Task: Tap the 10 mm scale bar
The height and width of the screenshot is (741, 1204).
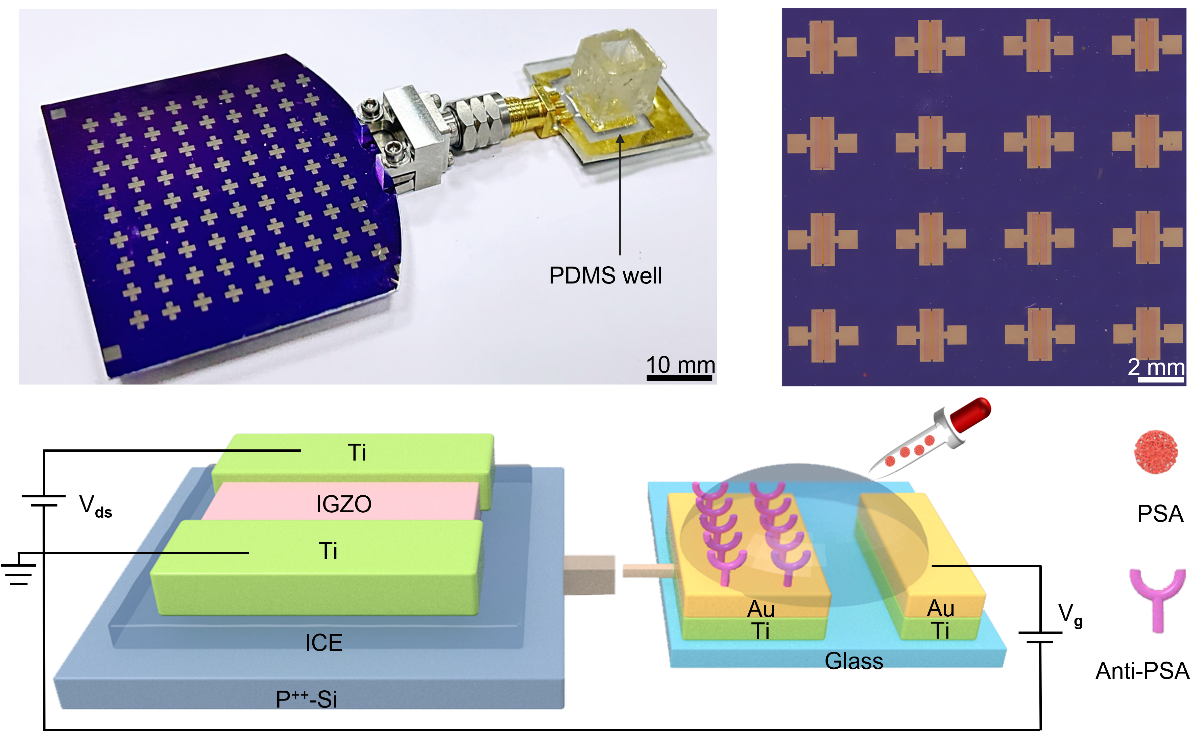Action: coord(679,378)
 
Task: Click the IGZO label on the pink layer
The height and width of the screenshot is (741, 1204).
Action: coord(344,504)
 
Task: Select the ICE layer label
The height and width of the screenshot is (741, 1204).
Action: coord(323,642)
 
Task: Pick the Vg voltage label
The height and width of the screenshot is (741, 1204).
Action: coord(1070,615)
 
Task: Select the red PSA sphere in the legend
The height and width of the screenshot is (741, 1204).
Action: coord(1156,452)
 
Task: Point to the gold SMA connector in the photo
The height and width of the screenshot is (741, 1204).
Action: coord(527,113)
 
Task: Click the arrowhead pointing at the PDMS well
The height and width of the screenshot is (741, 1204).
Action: coord(620,139)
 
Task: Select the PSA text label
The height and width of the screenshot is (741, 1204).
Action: coord(1160,514)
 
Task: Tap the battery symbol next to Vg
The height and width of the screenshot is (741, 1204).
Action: coord(1040,637)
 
